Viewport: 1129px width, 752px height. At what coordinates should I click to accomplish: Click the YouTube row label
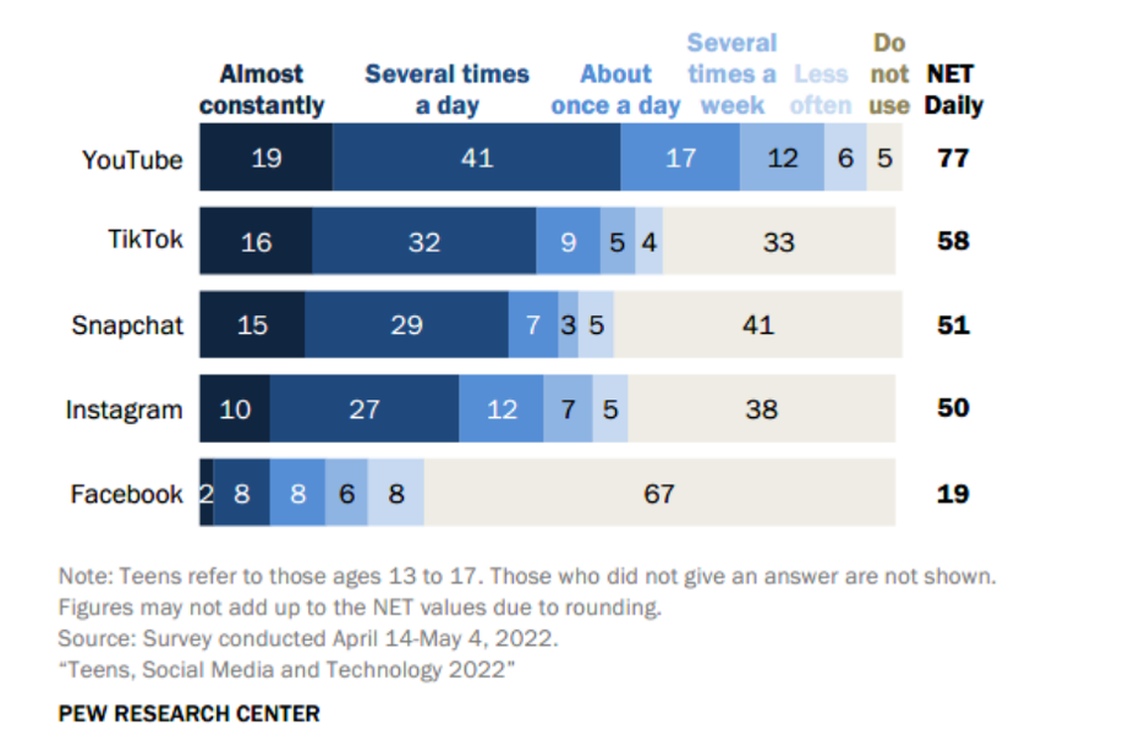click(x=132, y=160)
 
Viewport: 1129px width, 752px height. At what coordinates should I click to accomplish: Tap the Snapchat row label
click(x=127, y=325)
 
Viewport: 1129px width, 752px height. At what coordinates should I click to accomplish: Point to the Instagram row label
click(x=124, y=409)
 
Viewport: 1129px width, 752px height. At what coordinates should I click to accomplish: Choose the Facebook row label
click(x=127, y=493)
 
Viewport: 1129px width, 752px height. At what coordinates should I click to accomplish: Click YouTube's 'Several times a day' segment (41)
click(x=476, y=158)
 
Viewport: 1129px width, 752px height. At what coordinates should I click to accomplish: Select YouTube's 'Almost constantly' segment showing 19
click(x=265, y=158)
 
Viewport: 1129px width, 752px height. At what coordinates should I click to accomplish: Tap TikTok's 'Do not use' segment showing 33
click(x=778, y=241)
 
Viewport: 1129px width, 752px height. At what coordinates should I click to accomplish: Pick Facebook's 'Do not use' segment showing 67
click(x=660, y=492)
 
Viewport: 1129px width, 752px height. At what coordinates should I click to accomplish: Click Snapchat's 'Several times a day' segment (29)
click(x=406, y=325)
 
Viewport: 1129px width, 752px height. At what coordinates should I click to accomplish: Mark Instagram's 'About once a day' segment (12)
click(x=501, y=409)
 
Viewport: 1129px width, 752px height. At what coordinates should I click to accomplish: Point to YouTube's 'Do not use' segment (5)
click(x=883, y=158)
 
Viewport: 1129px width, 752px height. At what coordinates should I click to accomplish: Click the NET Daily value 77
click(x=953, y=158)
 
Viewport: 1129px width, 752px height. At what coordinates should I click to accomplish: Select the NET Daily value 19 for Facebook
click(x=953, y=493)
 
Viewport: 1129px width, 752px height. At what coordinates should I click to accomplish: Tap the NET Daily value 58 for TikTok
click(x=953, y=241)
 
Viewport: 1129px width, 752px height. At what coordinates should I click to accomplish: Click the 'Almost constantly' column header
click(x=261, y=90)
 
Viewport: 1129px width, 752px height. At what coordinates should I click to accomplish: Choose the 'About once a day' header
click(x=615, y=90)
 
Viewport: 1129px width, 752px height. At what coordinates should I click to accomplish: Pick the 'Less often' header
click(x=821, y=90)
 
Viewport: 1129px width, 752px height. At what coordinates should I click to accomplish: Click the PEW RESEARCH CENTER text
click(x=189, y=713)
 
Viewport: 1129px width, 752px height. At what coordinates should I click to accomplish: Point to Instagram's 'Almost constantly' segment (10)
click(x=235, y=409)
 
